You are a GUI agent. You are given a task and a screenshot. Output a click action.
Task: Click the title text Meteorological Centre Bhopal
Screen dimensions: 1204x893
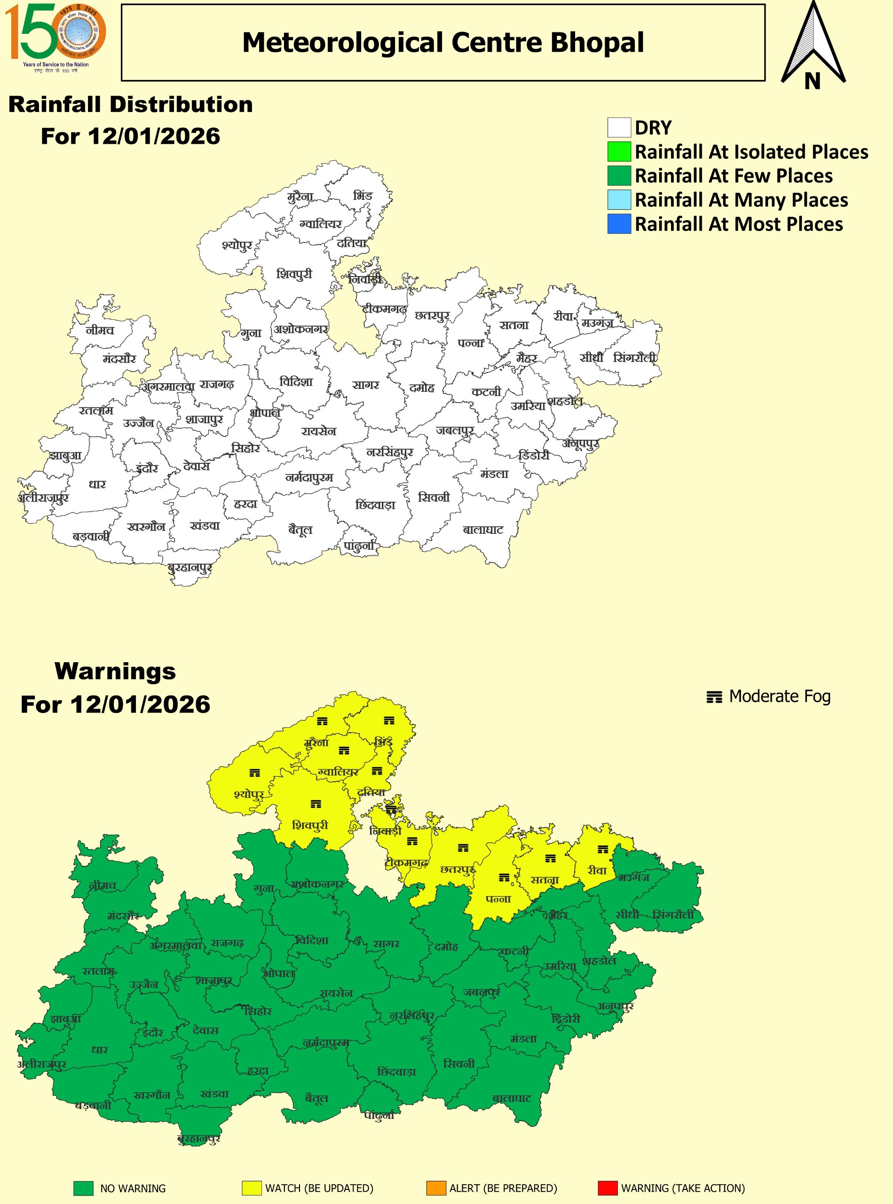443,43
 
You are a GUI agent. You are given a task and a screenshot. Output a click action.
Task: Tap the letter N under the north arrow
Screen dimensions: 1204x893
812,81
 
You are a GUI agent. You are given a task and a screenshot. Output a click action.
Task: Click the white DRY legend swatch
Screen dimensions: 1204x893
619,128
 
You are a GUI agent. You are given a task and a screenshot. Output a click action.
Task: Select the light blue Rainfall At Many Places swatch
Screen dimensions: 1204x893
619,200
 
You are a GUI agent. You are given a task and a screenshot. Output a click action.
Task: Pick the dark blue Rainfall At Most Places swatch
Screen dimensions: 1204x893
619,224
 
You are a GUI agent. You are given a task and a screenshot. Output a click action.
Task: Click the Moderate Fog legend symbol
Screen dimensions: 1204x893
714,697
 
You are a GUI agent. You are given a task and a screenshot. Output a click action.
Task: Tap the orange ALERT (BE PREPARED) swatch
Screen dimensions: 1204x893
436,1188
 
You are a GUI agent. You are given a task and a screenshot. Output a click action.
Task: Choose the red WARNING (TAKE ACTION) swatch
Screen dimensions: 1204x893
608,1188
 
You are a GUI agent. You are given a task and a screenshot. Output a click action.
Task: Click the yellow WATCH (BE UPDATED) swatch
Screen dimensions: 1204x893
252,1188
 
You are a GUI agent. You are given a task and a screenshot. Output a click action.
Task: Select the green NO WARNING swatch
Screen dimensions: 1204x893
83,1188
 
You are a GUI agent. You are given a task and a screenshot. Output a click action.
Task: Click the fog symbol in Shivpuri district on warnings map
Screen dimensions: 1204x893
316,804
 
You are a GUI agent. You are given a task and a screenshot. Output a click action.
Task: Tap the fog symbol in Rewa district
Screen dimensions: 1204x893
603,849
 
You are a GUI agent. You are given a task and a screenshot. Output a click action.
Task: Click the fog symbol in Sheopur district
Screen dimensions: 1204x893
254,773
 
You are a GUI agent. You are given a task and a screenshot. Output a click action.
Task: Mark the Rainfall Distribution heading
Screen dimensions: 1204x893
130,104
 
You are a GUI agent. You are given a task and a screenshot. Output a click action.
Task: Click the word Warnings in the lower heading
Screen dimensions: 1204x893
115,672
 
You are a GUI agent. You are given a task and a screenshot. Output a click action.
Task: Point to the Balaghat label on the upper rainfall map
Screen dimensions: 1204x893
483,530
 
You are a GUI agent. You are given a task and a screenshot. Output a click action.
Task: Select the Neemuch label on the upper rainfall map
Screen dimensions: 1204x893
100,330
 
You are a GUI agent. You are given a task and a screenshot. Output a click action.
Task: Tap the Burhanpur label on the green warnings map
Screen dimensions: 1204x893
199,1139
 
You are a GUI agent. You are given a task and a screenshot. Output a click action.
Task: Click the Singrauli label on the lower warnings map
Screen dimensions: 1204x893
673,915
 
